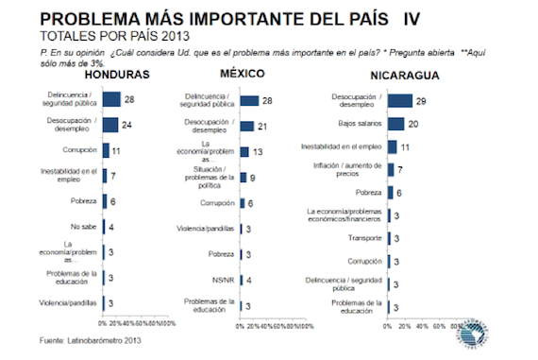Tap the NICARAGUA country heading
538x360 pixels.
(396, 75)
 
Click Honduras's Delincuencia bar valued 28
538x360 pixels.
(110, 98)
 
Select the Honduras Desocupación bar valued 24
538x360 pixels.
(109, 124)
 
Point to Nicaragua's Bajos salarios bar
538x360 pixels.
(396, 123)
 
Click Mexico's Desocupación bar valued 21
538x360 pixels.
(246, 126)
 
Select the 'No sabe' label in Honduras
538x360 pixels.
(83, 227)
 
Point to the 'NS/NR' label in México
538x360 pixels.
(221, 279)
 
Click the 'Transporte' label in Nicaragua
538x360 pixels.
(364, 239)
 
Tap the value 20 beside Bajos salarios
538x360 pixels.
(414, 124)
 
